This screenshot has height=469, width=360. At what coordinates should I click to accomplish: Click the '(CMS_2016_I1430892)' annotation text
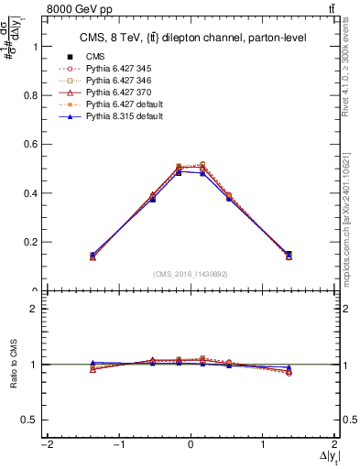click(x=191, y=274)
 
